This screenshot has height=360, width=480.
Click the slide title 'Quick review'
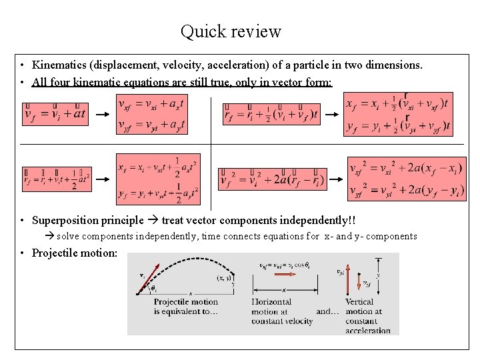coord(231,31)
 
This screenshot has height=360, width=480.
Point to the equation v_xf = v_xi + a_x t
coord(150,105)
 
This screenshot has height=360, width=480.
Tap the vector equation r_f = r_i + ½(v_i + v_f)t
coord(271,115)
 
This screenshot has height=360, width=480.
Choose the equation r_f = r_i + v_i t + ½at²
coord(56,179)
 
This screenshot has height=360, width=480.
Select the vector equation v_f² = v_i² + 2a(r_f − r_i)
coord(273,179)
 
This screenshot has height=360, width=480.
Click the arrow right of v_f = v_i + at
coord(101,115)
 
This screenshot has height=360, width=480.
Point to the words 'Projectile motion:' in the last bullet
coord(75,253)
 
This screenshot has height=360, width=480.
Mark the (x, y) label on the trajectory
coord(223,278)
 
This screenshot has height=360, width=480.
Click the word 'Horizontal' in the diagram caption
coord(271,302)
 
